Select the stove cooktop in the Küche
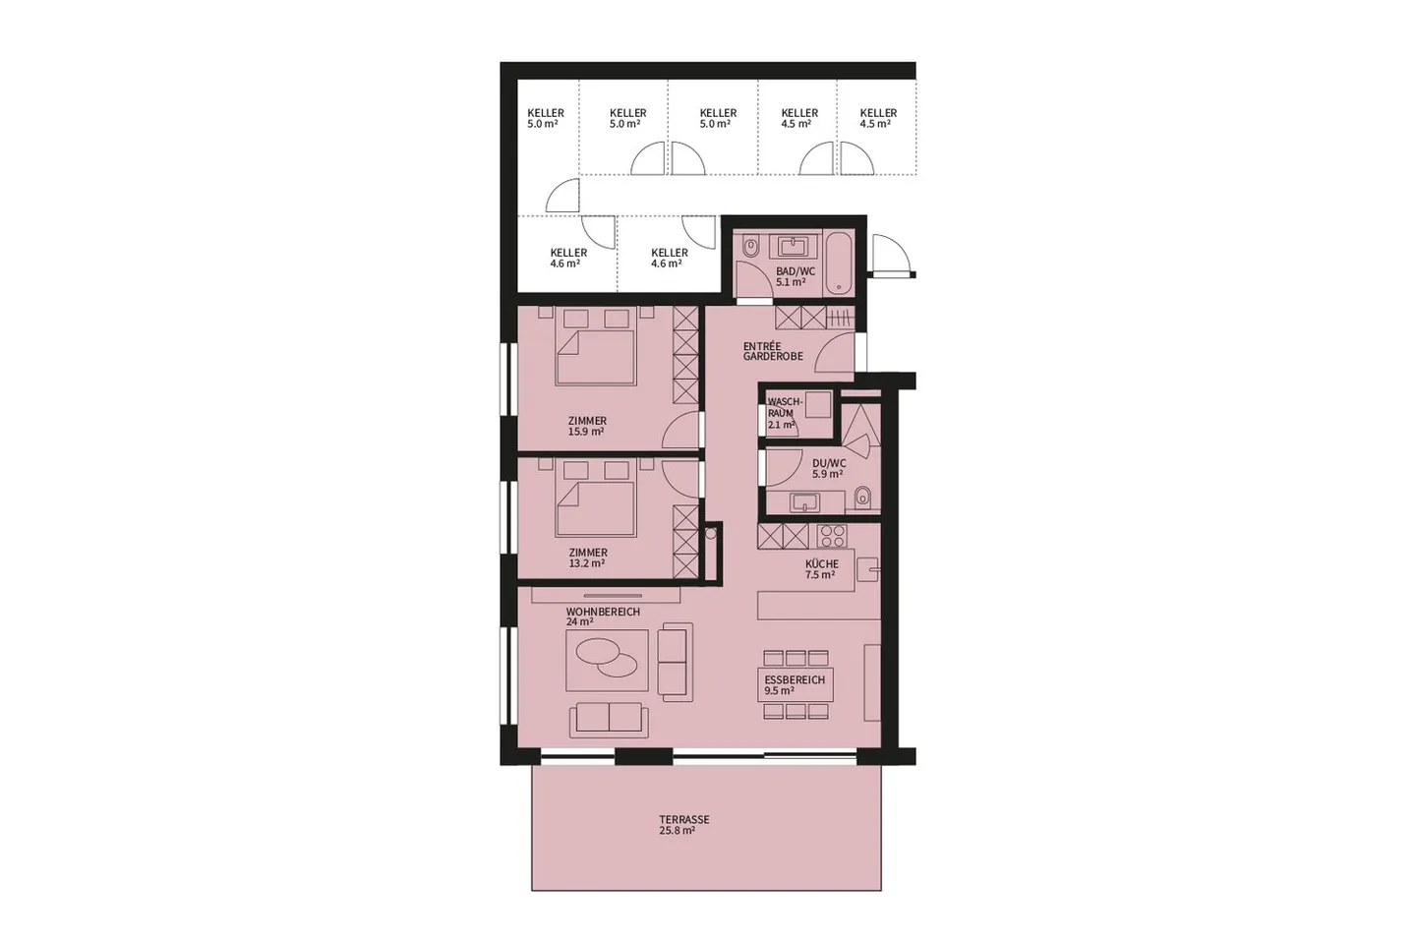pos(832,536)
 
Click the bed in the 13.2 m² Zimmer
pos(595,498)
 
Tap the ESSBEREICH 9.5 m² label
pos(794,684)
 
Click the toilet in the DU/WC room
pos(862,498)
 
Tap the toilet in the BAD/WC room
pos(751,246)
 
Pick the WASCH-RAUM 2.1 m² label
pos(784,413)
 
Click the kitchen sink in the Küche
pos(866,569)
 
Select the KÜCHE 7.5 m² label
pos(821,569)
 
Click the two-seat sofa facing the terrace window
pos(609,719)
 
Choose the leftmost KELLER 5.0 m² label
pos(545,119)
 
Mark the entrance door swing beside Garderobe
pos(837,352)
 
